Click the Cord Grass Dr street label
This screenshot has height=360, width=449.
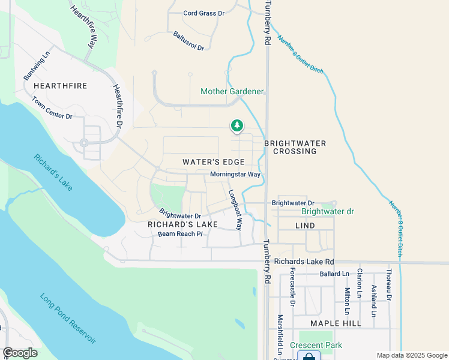point(203,13)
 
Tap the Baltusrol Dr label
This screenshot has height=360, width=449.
point(189,41)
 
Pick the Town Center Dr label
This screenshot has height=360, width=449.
point(52,107)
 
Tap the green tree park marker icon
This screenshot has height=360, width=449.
point(237,125)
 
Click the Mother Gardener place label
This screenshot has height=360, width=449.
point(232,91)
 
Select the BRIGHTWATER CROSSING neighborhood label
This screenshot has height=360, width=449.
point(295,147)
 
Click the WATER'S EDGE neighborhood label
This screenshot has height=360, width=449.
point(214,162)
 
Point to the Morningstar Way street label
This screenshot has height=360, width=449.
point(235,175)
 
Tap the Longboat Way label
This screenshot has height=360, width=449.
point(234,211)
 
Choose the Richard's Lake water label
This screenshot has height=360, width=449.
point(53,173)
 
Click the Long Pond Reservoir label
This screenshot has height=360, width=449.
point(68,318)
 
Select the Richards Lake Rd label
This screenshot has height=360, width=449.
point(304,262)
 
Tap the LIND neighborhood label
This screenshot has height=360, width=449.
point(305,225)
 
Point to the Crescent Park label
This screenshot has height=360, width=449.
point(316,345)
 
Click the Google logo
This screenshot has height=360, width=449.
point(19,353)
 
